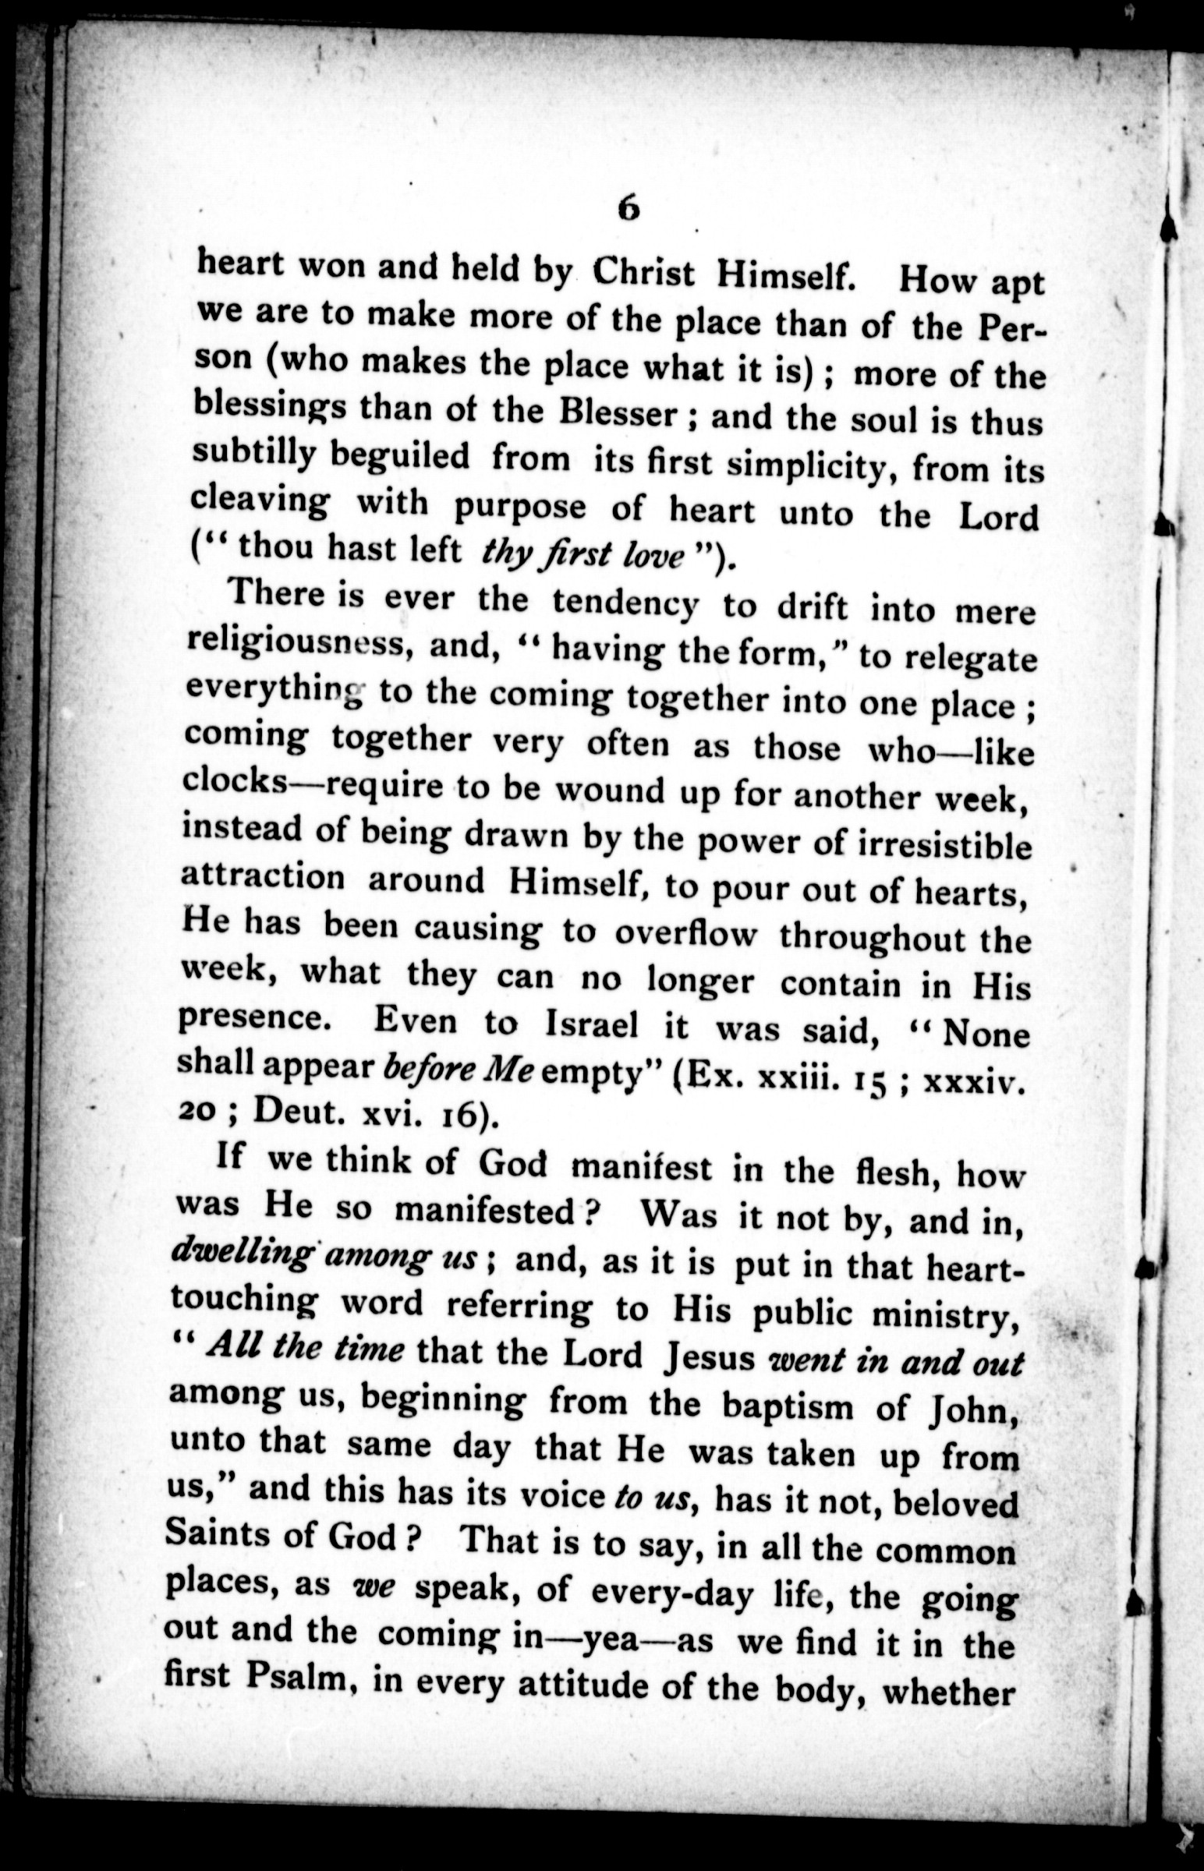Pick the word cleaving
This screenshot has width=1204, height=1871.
(x=260, y=500)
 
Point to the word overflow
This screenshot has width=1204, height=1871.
(x=685, y=935)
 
